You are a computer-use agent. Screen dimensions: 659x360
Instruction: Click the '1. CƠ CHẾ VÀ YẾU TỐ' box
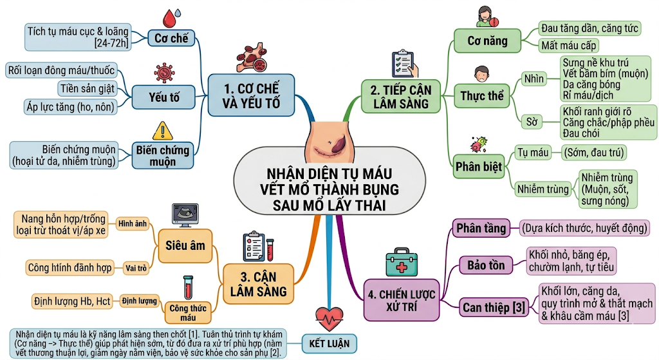[x=251, y=95]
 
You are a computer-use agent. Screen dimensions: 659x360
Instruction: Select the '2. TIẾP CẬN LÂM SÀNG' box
[x=400, y=97]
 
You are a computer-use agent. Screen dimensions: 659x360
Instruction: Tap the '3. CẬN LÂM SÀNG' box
[x=259, y=284]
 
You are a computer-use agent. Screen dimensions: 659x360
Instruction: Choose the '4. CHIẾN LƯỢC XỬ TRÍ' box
[x=402, y=300]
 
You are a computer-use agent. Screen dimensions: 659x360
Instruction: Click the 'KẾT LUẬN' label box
[x=329, y=344]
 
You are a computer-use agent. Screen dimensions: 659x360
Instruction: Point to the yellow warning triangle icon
[x=163, y=131]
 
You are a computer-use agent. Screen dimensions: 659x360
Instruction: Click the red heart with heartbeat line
[x=329, y=318]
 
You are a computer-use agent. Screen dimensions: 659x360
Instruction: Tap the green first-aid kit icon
[x=402, y=262]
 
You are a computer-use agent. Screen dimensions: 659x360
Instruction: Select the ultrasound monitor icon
[x=185, y=215]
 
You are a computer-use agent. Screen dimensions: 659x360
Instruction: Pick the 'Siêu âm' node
[x=185, y=246]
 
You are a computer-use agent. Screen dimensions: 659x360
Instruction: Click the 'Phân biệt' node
[x=478, y=167]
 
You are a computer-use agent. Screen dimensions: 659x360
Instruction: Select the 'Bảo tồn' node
[x=486, y=265]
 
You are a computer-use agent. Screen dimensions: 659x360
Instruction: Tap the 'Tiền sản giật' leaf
[x=88, y=89]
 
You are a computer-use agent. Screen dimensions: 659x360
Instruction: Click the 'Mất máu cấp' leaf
[x=569, y=46]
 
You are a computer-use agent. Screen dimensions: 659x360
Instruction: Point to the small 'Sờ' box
[x=532, y=122]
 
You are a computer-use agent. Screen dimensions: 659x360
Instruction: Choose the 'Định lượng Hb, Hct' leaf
[x=72, y=301]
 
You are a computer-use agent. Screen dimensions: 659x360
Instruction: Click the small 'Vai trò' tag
[x=136, y=268]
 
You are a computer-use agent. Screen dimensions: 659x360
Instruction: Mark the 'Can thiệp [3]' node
[x=494, y=308]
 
